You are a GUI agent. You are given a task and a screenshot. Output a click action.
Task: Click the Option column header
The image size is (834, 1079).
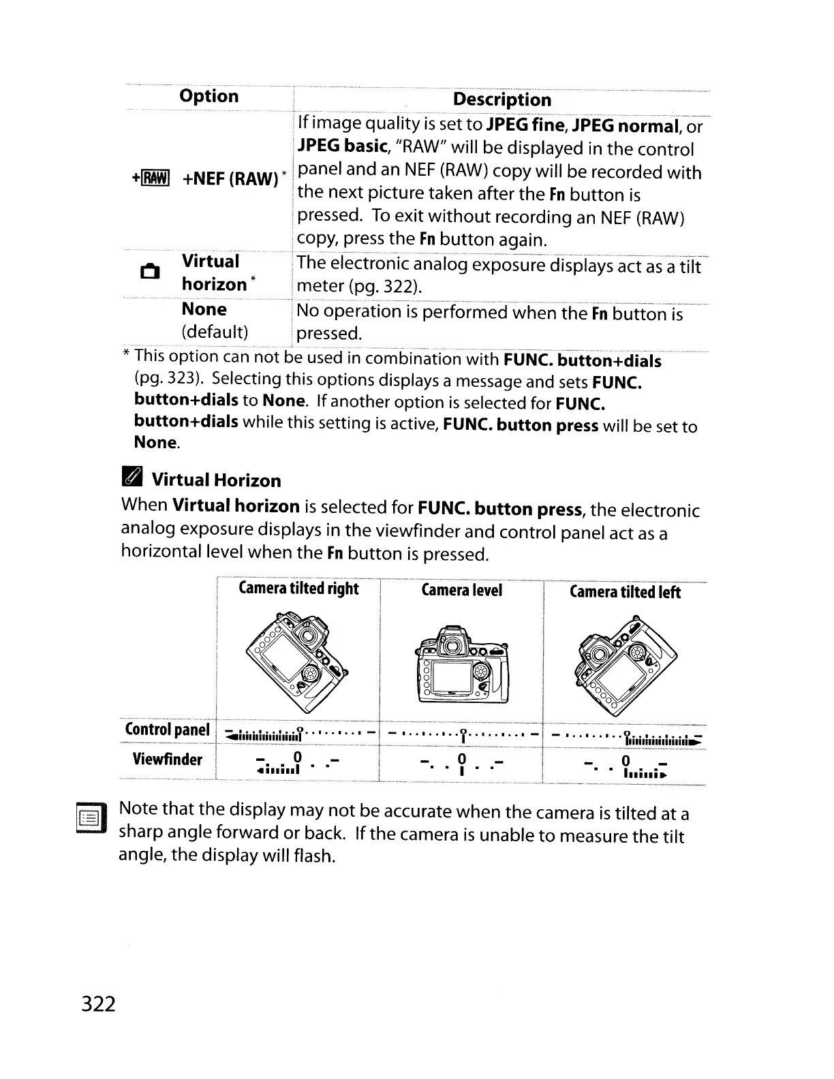pos(208,96)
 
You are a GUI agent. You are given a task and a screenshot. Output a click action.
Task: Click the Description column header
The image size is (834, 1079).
pos(501,99)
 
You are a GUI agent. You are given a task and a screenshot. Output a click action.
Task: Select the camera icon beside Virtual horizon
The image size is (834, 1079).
pos(149,272)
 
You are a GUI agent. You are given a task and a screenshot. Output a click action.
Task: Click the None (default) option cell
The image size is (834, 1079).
pos(214,320)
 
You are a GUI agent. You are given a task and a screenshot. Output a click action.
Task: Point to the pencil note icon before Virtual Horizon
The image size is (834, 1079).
pos(132,478)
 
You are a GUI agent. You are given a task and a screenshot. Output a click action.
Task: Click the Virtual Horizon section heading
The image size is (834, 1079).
pos(215,480)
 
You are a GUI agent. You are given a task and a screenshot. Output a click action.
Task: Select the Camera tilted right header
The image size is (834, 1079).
pos(298,589)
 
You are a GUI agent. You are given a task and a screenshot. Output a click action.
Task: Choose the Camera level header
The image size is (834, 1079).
pos(461,590)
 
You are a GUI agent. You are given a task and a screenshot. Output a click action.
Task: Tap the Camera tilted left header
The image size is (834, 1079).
pos(625,592)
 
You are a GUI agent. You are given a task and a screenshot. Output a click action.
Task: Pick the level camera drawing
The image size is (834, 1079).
pos(462,665)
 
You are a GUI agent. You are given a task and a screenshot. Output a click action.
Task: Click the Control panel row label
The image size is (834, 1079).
pos(167,730)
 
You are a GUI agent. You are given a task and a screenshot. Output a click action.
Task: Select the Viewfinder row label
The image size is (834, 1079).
pos(167,759)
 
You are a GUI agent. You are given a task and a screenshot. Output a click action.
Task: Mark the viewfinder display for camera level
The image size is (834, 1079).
pos(461,762)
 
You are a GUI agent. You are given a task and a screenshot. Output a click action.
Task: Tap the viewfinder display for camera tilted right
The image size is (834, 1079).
pos(296,763)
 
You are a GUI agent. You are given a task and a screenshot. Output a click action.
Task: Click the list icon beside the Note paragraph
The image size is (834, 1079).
pos(90,818)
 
